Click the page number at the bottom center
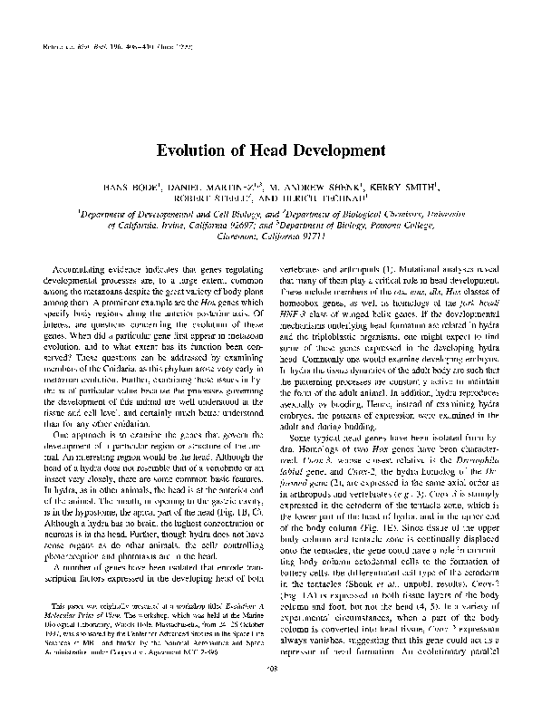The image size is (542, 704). (272, 686)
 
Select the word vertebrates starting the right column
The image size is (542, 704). (310, 271)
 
